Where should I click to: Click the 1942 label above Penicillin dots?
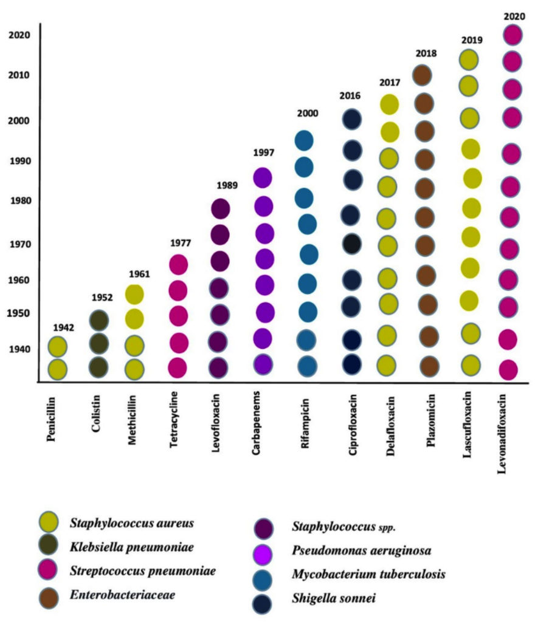pyautogui.click(x=63, y=327)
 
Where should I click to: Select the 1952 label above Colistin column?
pyautogui.click(x=102, y=298)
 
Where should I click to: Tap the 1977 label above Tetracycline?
pyautogui.click(x=181, y=244)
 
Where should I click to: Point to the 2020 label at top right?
pyautogui.click(x=515, y=16)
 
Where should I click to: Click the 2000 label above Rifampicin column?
pyautogui.click(x=308, y=114)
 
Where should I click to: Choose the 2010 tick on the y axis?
pyautogui.click(x=19, y=75)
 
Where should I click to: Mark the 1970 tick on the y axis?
pyautogui.click(x=19, y=244)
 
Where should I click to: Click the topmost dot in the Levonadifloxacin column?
pyautogui.click(x=513, y=35)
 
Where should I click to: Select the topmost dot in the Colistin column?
pyautogui.click(x=98, y=320)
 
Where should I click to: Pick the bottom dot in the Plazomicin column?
pyautogui.click(x=429, y=366)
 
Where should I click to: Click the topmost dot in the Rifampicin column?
pyautogui.click(x=304, y=140)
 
